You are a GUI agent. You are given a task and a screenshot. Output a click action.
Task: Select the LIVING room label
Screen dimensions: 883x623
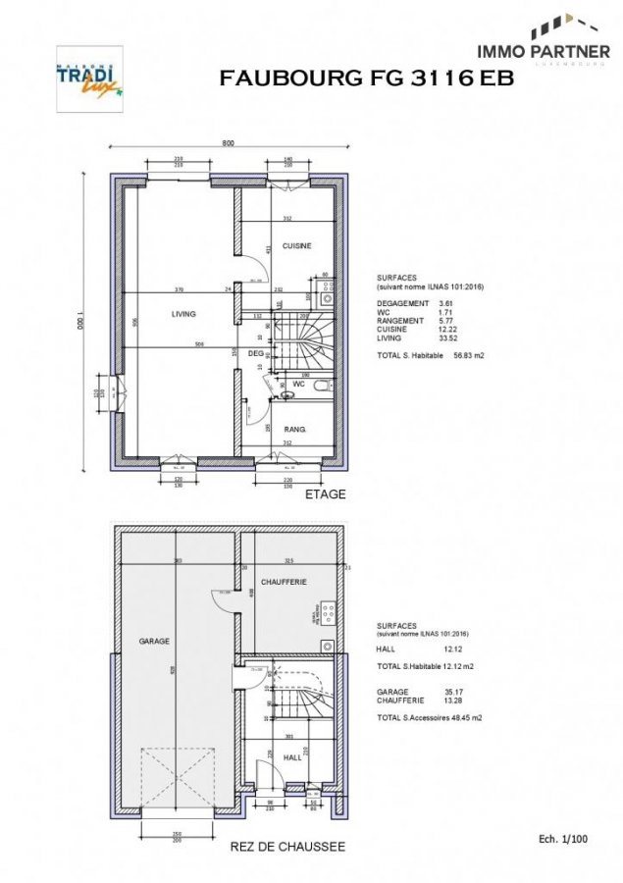click(x=183, y=314)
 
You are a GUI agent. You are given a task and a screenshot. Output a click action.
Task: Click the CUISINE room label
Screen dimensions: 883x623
click(x=296, y=245)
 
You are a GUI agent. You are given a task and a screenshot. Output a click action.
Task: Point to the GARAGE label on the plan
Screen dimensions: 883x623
click(x=154, y=641)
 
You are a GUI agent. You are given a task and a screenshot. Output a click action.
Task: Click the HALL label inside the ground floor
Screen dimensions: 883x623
click(x=291, y=757)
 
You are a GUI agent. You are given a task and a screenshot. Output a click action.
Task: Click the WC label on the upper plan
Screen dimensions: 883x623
click(x=299, y=385)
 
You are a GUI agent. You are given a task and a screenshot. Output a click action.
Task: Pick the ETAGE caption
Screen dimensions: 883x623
click(x=326, y=494)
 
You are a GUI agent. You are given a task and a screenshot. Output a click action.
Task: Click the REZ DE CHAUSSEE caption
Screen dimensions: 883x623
click(x=286, y=846)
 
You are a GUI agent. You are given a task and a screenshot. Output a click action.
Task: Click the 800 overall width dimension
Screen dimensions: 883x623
click(x=228, y=143)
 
